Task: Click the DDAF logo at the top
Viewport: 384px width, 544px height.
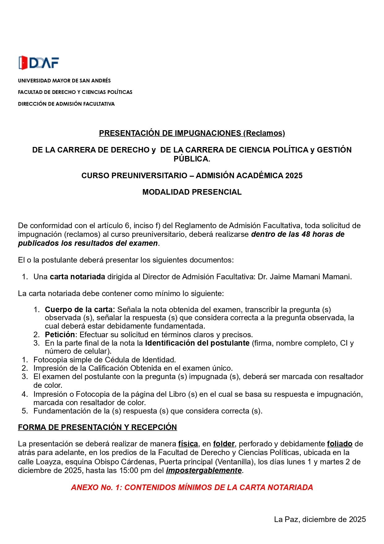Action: click(39, 63)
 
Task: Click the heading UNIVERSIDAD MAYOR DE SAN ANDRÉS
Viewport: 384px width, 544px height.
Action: click(64, 81)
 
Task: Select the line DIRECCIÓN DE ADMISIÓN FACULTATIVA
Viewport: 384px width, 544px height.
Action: click(66, 104)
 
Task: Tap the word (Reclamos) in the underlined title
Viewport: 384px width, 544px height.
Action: click(264, 133)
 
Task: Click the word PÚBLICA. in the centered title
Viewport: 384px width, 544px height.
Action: click(192, 159)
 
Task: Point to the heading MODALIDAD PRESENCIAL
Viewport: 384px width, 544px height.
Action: click(192, 192)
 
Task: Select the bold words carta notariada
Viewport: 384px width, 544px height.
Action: click(77, 277)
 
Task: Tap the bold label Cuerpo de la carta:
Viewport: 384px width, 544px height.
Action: click(80, 310)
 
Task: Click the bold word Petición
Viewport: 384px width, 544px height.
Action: click(60, 335)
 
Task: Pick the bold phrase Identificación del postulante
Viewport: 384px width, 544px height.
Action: click(197, 343)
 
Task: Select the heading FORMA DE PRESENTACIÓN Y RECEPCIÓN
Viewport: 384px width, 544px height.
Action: click(97, 427)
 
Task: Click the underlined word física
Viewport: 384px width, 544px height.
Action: click(188, 444)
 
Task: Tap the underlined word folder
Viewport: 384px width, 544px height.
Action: click(224, 444)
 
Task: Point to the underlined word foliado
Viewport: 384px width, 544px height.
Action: click(339, 444)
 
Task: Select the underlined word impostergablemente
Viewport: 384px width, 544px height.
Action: click(204, 471)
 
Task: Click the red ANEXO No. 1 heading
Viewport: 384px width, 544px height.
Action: click(192, 488)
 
